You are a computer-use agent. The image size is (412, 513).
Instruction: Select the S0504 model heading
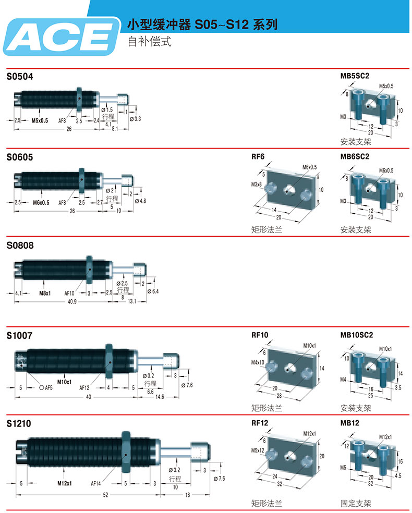pyautogui.click(x=20, y=77)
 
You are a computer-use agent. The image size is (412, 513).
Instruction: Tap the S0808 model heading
pyautogui.click(x=20, y=245)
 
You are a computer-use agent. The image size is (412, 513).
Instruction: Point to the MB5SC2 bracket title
pyautogui.click(x=355, y=76)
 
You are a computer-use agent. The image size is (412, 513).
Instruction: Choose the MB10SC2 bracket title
pyautogui.click(x=357, y=335)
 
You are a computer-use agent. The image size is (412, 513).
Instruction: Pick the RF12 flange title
pyautogui.click(x=260, y=423)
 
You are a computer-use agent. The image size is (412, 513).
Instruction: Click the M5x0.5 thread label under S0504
pyautogui.click(x=40, y=120)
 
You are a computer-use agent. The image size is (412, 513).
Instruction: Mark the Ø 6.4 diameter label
pyautogui.click(x=153, y=291)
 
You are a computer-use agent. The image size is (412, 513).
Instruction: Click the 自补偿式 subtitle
pyautogui.click(x=150, y=42)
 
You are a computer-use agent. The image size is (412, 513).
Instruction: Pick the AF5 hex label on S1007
pyautogui.click(x=46, y=388)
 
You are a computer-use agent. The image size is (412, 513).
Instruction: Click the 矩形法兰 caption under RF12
pyautogui.click(x=266, y=504)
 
